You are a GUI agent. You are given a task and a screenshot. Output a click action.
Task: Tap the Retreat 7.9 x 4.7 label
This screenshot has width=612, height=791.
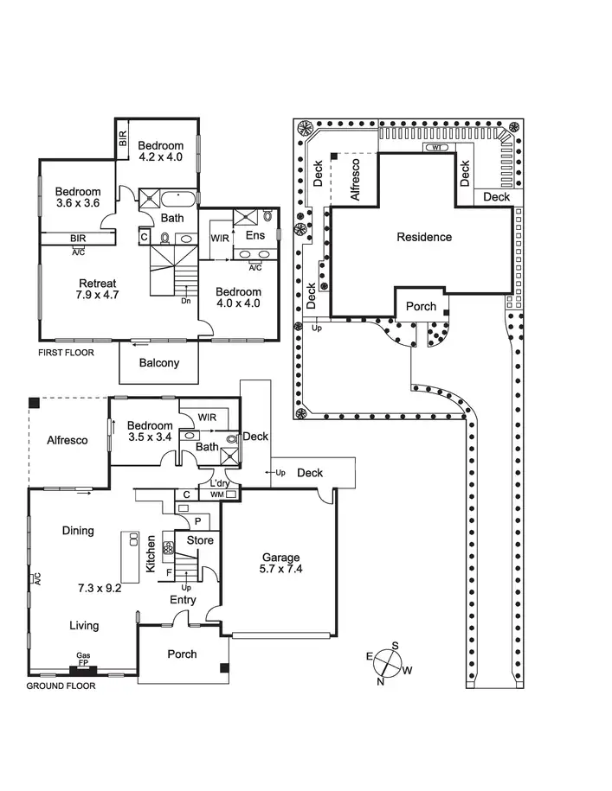[x=98, y=290]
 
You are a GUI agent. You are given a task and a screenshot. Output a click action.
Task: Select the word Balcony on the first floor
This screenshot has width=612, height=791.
[x=159, y=363]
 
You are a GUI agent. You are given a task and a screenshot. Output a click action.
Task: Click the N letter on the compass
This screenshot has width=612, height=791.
[x=380, y=682]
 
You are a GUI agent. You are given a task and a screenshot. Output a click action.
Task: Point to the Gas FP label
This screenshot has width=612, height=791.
[x=84, y=660]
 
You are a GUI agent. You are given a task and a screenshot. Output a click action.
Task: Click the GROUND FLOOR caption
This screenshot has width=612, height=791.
[x=61, y=686]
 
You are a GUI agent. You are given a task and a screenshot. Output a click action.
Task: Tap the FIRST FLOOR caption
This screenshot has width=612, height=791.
[x=66, y=353]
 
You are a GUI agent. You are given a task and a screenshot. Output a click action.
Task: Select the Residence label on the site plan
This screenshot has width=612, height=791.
[x=424, y=237]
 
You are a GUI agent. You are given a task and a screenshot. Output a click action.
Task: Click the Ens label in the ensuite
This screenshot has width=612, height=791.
[x=254, y=235]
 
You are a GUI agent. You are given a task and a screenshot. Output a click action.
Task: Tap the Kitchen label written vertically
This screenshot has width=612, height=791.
[x=151, y=554]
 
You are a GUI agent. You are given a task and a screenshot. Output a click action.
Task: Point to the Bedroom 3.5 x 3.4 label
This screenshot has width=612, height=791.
[x=150, y=431]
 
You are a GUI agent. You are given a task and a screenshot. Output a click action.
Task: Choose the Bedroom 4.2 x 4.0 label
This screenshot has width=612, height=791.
[x=161, y=151]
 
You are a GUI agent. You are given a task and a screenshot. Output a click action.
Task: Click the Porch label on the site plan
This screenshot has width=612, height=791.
[x=421, y=307]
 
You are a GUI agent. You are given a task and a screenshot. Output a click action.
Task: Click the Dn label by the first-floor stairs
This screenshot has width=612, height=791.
[x=186, y=302]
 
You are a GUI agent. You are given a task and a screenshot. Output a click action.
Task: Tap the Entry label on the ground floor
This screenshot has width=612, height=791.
[x=183, y=599]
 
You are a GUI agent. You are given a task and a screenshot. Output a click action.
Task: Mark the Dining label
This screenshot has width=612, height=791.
[x=78, y=531]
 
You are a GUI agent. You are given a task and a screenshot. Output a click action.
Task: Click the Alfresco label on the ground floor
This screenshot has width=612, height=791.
[x=68, y=440]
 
